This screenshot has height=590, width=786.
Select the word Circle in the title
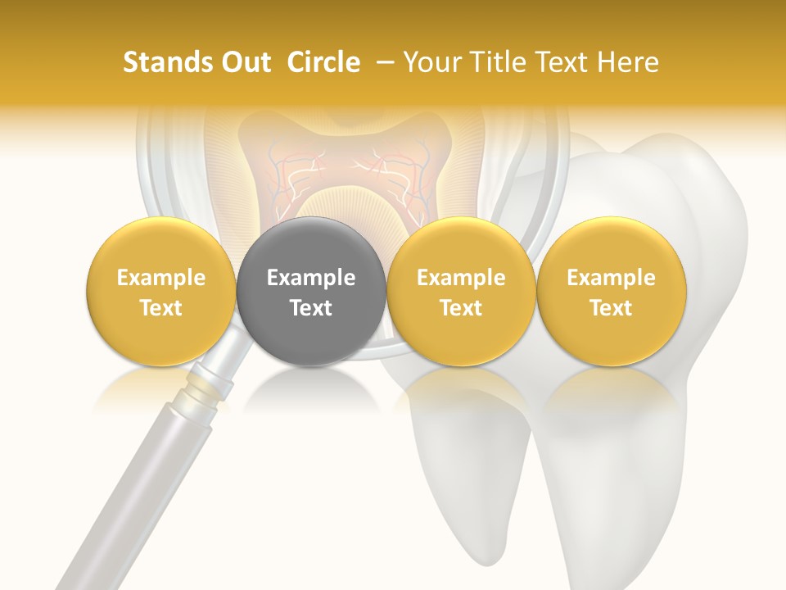[x=323, y=62]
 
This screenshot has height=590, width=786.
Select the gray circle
[x=310, y=291]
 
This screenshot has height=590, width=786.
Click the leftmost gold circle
[x=160, y=291]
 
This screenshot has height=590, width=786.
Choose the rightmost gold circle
[x=611, y=291]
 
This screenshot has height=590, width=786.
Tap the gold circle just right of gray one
[x=461, y=291]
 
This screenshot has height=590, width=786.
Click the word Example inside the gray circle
[x=310, y=278]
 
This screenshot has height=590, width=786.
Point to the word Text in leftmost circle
[x=160, y=308]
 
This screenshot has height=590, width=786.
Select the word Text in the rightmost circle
[x=611, y=308]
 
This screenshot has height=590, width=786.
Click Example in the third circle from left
[x=461, y=278]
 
